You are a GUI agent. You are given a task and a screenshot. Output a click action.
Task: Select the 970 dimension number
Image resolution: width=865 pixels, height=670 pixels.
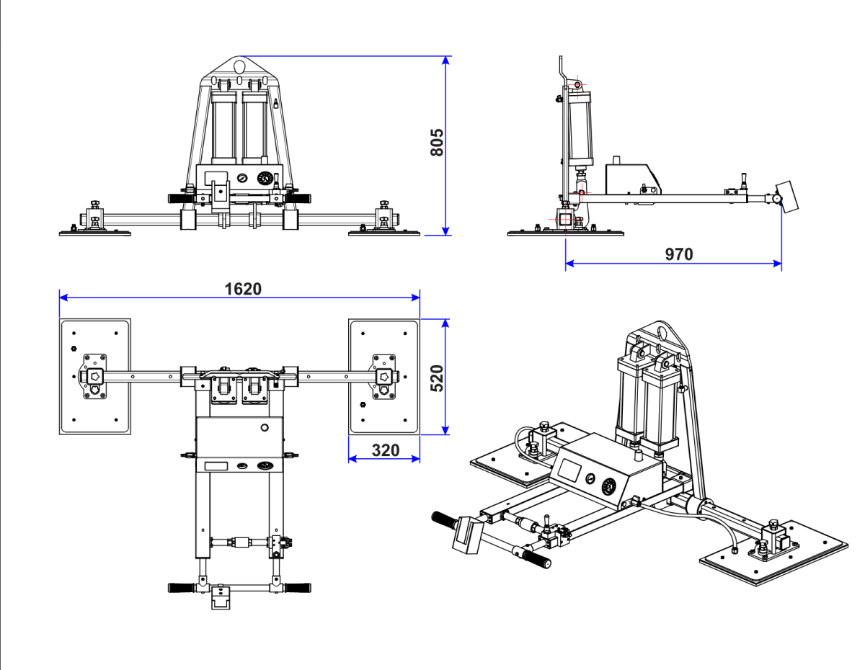679,254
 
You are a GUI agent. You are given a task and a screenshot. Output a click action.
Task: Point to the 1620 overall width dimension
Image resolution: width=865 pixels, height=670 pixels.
243,288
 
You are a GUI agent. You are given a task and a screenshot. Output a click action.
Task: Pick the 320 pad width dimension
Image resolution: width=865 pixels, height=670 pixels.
385,450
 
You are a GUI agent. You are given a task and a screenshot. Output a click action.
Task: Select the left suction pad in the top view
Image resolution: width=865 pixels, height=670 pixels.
94,376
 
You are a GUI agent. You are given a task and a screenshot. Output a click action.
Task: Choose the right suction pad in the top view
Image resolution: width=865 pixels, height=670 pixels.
384,376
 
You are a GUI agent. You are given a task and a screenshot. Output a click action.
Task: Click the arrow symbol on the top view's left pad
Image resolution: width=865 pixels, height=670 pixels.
94,375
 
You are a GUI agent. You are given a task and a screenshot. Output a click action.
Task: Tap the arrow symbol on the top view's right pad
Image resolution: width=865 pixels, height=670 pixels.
384,375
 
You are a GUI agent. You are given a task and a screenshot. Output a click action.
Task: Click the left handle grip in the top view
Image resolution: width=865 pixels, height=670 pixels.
182,587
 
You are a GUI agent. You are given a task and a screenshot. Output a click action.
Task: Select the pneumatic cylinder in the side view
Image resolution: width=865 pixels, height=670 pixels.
579,130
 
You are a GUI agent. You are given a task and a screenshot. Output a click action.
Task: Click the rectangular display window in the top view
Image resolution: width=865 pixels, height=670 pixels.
216,466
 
